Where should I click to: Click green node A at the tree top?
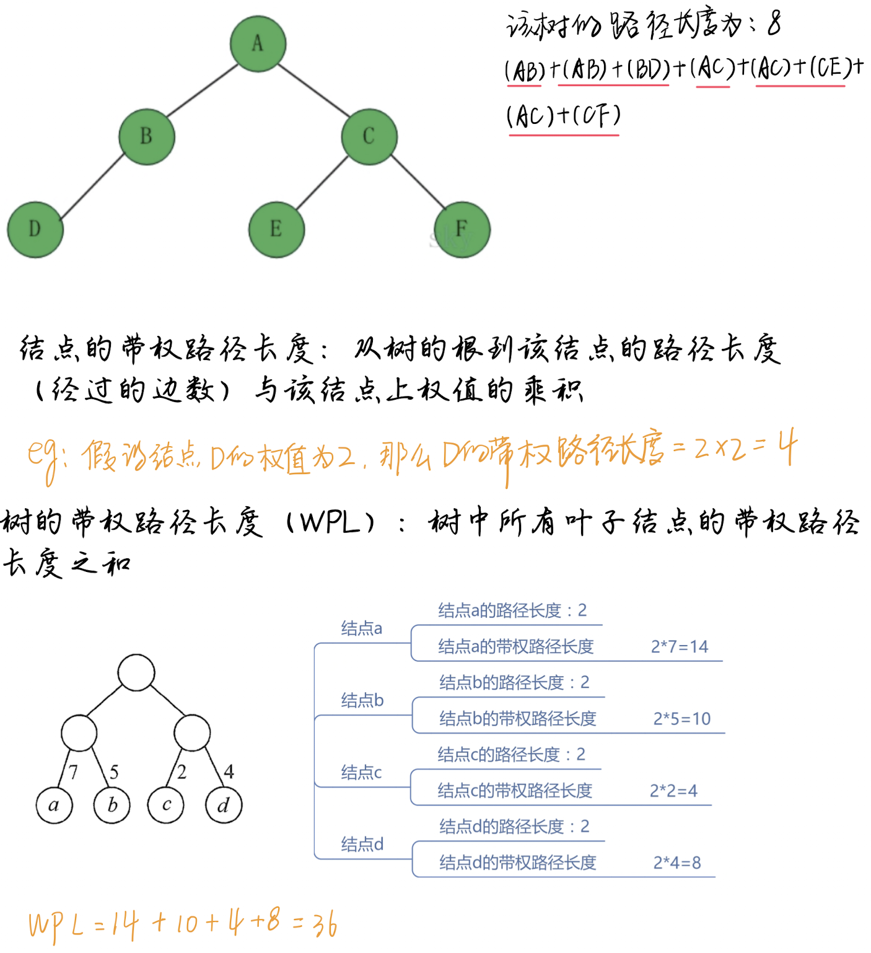point(258,43)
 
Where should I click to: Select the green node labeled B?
point(147,136)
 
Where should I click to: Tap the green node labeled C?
point(369,136)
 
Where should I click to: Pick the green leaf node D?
point(35,229)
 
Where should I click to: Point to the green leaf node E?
point(276,229)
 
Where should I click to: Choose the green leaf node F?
point(462,229)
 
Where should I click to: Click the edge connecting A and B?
point(203,90)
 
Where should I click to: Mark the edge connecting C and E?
point(322,183)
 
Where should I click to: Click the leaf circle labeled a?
point(54,805)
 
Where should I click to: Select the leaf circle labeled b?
point(112,805)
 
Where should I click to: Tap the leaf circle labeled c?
point(166,805)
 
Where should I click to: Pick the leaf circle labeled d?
point(224,805)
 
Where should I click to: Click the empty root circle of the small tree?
point(136,672)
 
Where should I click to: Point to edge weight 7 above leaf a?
point(73,772)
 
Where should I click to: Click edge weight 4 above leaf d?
point(229,771)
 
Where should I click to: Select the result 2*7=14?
point(679,647)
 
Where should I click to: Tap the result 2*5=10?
point(681,719)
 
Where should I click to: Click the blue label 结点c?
point(361,773)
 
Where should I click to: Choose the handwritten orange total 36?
point(325,924)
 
